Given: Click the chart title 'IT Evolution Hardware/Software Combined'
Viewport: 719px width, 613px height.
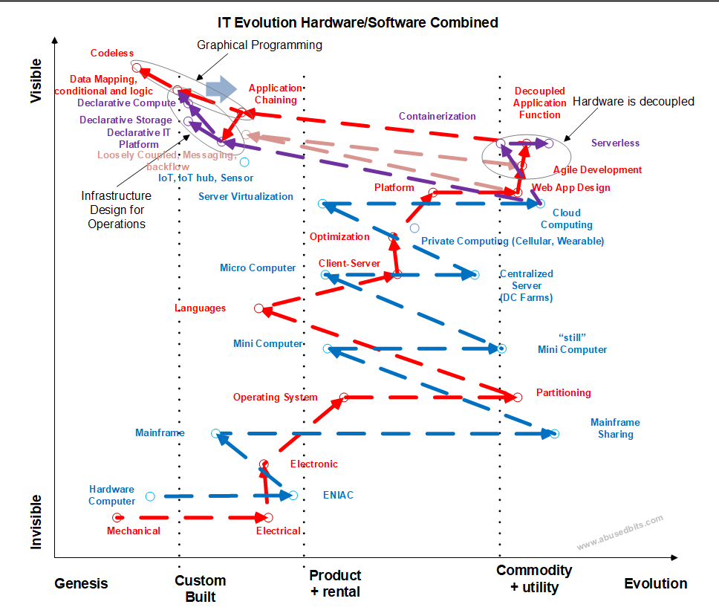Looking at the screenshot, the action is pyautogui.click(x=358, y=22).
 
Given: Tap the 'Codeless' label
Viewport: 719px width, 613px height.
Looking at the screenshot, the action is pyautogui.click(x=112, y=53).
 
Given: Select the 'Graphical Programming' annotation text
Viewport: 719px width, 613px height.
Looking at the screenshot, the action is pyautogui.click(x=259, y=45).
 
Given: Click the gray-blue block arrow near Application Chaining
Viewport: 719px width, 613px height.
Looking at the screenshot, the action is pyautogui.click(x=221, y=89).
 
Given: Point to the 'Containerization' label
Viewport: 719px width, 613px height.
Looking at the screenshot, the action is pyautogui.click(x=437, y=116).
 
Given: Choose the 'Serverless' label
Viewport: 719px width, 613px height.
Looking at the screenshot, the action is pyautogui.click(x=615, y=143).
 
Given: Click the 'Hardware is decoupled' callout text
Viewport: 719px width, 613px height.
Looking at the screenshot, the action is pyautogui.click(x=634, y=101).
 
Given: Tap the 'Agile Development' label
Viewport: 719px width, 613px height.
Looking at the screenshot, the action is pyautogui.click(x=597, y=169).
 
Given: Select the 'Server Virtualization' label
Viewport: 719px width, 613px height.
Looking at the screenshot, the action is pyautogui.click(x=246, y=196).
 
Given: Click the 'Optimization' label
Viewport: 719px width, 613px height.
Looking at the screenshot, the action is pyautogui.click(x=339, y=237).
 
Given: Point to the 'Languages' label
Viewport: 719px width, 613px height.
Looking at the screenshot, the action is pyautogui.click(x=201, y=308).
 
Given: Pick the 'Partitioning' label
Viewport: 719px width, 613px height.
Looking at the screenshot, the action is pyautogui.click(x=564, y=393).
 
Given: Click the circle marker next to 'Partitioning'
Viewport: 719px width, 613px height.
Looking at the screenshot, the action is pyautogui.click(x=518, y=398).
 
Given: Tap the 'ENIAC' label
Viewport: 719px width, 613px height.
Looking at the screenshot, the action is pyautogui.click(x=339, y=495).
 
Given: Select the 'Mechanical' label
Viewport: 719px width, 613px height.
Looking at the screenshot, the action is pyautogui.click(x=134, y=531).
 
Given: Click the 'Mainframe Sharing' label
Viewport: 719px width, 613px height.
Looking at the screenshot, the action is pyautogui.click(x=615, y=428).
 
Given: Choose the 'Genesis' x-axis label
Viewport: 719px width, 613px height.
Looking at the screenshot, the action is pyautogui.click(x=81, y=583).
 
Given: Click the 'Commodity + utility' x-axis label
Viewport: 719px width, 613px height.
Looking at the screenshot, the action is pyautogui.click(x=534, y=579).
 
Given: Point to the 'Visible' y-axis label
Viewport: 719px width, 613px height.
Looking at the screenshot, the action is pyautogui.click(x=36, y=81).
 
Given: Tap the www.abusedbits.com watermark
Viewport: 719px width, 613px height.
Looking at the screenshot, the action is pyautogui.click(x=620, y=532).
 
